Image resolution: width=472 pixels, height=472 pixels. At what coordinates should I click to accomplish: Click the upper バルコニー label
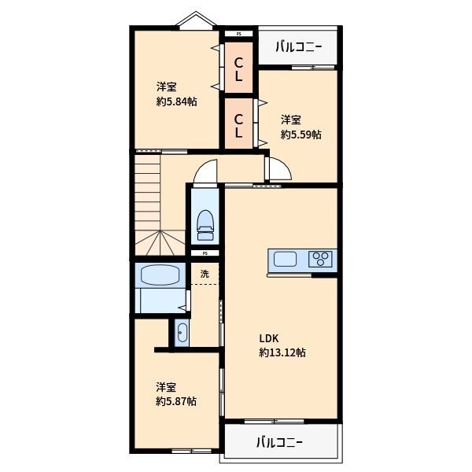point(300,47)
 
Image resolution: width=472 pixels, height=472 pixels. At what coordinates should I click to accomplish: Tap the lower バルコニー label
point(278,441)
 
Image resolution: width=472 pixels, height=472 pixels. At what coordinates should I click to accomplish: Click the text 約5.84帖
point(176,101)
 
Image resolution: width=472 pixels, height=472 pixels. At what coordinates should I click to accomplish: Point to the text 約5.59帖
point(301,135)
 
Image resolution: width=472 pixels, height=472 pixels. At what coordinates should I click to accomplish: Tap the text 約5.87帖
point(176,400)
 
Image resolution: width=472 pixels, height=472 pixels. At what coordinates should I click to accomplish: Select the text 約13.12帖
point(282,352)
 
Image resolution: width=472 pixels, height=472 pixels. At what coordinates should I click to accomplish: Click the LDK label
point(269,338)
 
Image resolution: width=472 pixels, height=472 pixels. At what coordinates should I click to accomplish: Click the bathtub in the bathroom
point(160,275)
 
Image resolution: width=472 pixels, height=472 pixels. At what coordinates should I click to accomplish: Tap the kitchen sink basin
point(284,260)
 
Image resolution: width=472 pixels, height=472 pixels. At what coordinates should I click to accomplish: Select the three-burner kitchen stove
point(321,260)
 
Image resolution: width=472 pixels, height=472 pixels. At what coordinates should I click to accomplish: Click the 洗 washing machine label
point(205,275)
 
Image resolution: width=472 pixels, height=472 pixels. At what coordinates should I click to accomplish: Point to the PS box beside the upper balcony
point(239,34)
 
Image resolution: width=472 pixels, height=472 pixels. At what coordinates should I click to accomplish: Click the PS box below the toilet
point(205,253)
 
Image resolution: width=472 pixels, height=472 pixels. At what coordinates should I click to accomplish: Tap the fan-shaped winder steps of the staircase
point(160,242)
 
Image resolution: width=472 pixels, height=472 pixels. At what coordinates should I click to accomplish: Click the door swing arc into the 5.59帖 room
point(279,168)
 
